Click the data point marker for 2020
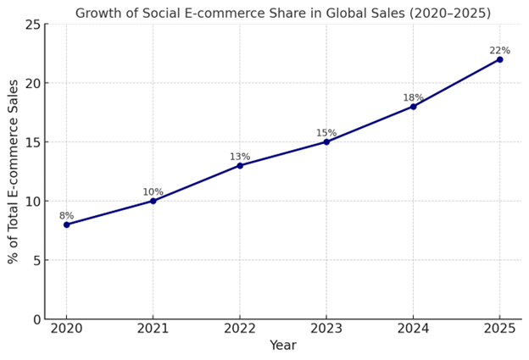point(66,224)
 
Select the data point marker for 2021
point(153,201)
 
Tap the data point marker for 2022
point(240,165)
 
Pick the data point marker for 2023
point(326,141)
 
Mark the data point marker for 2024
point(413,106)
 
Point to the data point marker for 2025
point(499,59)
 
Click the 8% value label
point(66,216)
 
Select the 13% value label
point(240,157)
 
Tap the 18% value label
point(413,98)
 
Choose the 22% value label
point(499,51)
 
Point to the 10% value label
point(153,192)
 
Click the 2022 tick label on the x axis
point(240,328)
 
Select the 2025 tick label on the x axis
point(499,328)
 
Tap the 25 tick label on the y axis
point(32,25)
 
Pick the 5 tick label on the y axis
point(36,260)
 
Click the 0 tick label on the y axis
point(36,319)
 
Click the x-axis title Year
point(283,346)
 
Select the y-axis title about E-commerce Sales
point(14,171)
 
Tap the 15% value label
point(326,133)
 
